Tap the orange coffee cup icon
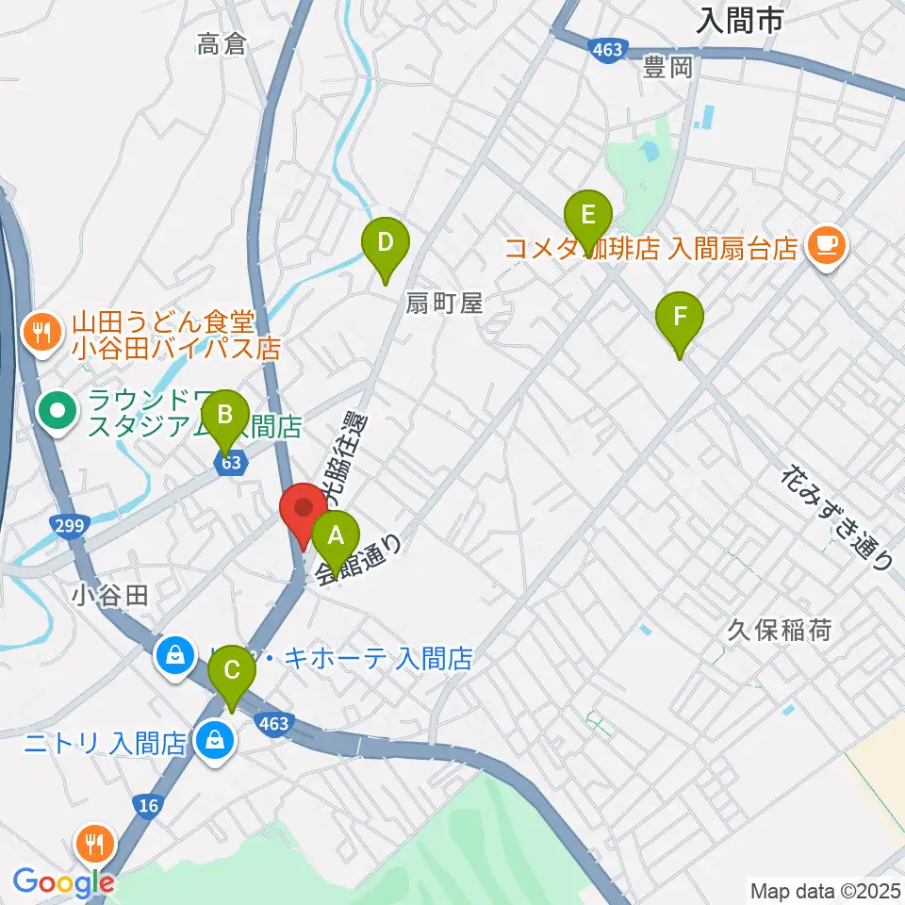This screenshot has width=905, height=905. coord(828,247)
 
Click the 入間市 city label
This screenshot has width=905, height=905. coord(741,21)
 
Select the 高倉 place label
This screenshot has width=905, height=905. coord(222,43)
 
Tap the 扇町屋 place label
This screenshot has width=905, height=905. coord(445,304)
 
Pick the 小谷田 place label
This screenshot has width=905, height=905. coord(110,595)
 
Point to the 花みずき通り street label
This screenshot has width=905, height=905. coord(837,518)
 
